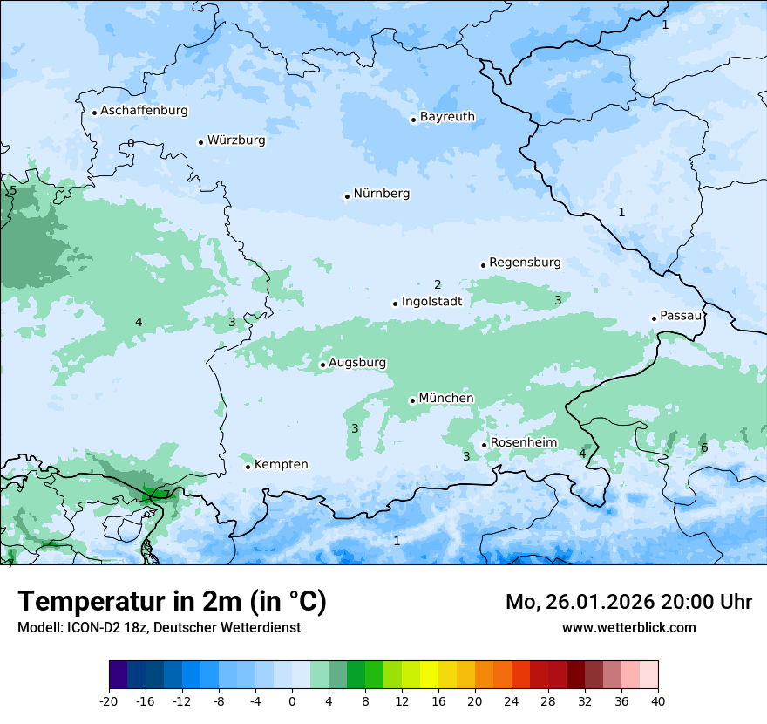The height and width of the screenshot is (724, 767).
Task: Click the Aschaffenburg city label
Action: pos(144,111)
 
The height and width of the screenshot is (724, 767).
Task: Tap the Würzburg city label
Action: pos(236,140)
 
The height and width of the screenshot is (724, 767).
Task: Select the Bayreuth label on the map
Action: pos(447,117)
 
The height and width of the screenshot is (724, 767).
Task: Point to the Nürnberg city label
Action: pos(381,194)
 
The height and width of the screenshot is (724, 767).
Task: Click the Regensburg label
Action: pos(525,263)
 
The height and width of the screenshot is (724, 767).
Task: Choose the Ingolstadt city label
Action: pos(431,302)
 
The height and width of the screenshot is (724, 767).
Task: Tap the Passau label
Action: pos(681,316)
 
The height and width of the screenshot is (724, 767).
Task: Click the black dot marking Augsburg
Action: pos(322,365)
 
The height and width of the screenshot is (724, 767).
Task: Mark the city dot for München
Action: pos(412,400)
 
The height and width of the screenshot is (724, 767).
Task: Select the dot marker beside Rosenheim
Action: pos(484,445)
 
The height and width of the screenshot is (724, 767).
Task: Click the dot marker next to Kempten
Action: pos(248,467)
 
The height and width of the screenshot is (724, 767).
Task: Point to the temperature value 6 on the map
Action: pos(704,448)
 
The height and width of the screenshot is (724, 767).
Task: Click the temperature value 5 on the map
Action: pos(13,190)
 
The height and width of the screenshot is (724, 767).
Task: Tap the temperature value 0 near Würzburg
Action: pos(131,143)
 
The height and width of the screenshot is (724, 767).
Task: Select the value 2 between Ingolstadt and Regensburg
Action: pos(438,284)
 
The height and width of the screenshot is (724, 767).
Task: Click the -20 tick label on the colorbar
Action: pos(109,701)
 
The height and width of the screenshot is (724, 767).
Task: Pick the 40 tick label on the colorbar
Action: pos(658,701)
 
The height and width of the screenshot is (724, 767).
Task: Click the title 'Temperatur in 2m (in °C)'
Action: pos(172,602)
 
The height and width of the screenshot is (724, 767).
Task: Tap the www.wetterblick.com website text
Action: pos(628,628)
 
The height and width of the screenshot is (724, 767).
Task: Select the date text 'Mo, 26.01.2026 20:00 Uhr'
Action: pos(628,602)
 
